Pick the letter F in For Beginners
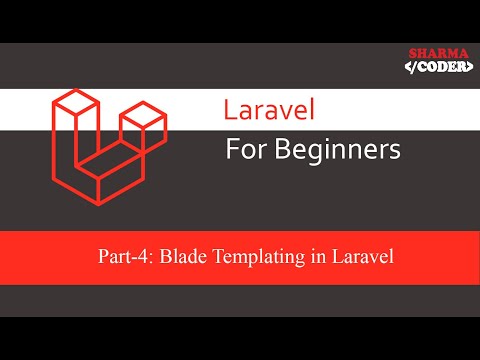(x=232, y=151)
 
